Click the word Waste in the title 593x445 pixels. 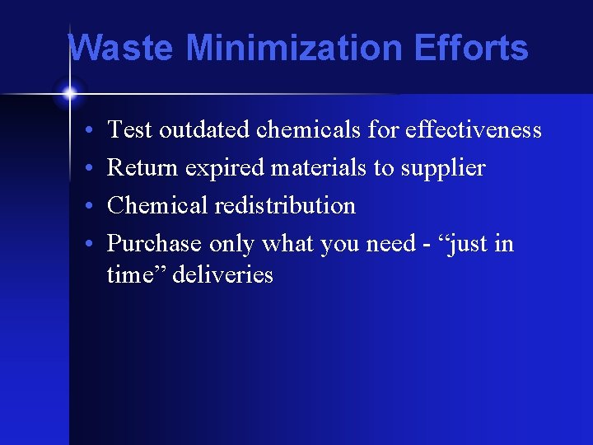(x=120, y=48)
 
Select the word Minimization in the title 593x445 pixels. (x=295, y=48)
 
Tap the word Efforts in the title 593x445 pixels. (x=472, y=48)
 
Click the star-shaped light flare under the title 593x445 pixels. (x=69, y=92)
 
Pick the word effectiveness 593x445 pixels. (x=473, y=130)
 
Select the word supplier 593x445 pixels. (x=443, y=169)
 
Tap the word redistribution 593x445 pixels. (x=285, y=206)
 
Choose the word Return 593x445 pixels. (x=142, y=168)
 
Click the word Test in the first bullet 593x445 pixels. (x=130, y=130)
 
